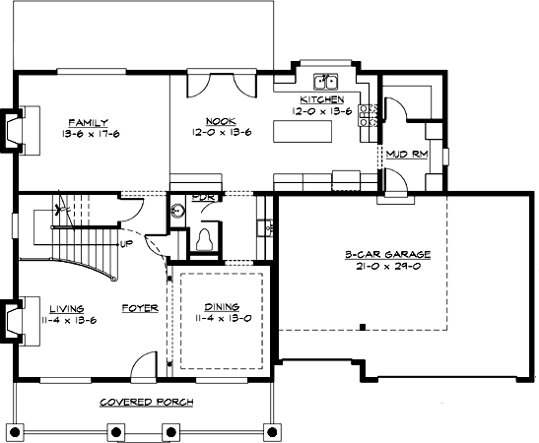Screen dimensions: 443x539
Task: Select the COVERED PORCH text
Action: coord(147,403)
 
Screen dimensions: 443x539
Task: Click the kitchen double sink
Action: coord(325,83)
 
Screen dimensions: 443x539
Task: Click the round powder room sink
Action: coord(176,210)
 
